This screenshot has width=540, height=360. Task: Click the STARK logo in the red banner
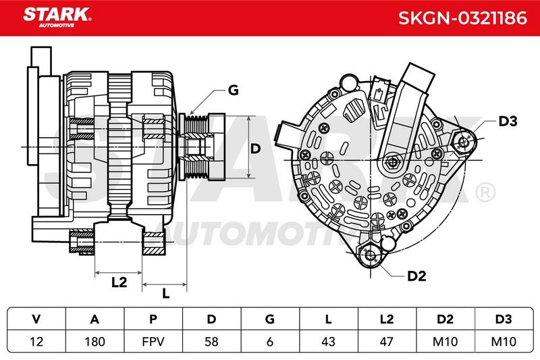[x=57, y=18]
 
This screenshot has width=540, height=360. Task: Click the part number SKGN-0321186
[x=462, y=18]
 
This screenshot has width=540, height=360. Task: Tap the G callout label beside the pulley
[x=233, y=91]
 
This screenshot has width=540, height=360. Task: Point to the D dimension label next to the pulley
[x=255, y=149]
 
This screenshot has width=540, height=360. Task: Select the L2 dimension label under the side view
[x=119, y=282]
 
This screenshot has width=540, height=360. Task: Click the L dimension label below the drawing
[x=166, y=294]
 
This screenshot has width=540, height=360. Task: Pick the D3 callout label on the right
[x=508, y=121]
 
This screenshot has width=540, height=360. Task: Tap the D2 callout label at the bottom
[x=416, y=276]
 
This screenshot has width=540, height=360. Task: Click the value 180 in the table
[x=94, y=341]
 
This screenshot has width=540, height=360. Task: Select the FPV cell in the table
[x=153, y=341]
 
